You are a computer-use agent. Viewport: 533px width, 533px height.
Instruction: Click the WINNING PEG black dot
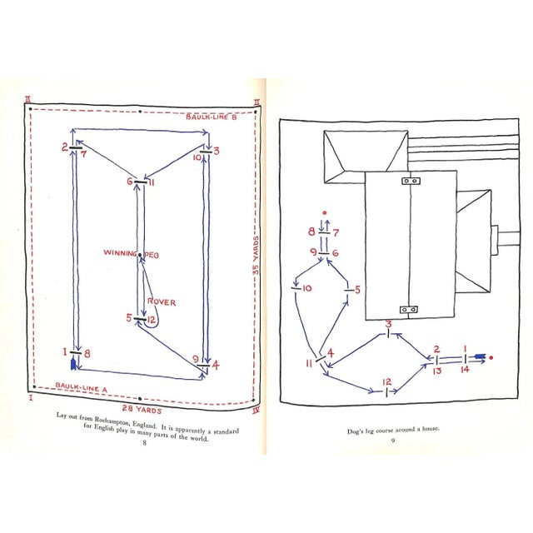pos(140,254)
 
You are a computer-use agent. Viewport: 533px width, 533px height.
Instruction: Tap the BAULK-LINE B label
pos(211,117)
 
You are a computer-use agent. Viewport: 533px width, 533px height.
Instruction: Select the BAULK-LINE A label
pos(82,386)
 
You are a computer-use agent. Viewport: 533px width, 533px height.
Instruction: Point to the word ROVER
pos(162,301)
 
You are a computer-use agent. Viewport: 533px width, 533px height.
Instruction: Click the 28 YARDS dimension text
pos(142,409)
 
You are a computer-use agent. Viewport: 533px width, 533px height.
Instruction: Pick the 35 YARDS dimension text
pos(256,255)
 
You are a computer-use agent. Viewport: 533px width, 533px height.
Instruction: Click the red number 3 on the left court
pos(216,151)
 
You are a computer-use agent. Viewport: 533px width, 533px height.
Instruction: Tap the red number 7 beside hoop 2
pos(84,153)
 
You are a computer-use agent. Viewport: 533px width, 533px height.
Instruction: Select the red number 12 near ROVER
pos(152,320)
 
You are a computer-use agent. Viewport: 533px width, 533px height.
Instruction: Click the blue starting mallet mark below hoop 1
pos(72,364)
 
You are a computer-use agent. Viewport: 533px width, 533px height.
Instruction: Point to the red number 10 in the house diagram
pos(306,288)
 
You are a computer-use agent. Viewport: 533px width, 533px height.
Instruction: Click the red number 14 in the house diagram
pos(465,369)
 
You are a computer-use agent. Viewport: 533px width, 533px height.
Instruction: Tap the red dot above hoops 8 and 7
pos(325,213)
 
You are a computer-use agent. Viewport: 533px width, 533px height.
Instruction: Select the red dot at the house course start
pos(491,357)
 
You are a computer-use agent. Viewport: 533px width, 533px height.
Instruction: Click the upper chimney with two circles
pos(411,181)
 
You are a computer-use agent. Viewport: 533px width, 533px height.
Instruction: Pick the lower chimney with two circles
pos(409,310)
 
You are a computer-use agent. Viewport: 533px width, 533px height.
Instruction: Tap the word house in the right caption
pos(431,429)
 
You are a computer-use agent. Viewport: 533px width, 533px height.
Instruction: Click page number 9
pos(393,441)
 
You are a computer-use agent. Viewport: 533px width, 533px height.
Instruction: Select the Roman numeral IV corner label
pos(256,411)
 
